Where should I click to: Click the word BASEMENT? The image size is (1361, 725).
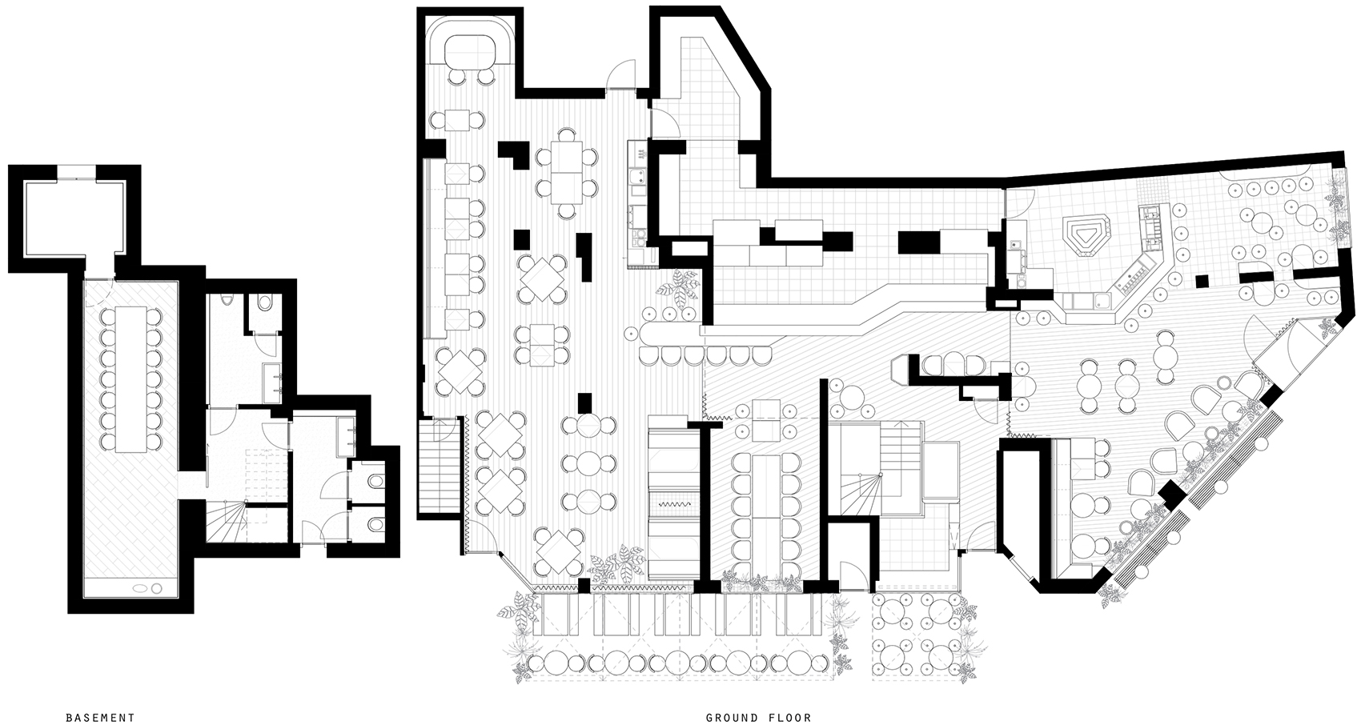pyautogui.click(x=100, y=718)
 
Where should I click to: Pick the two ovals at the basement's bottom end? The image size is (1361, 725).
pyautogui.click(x=148, y=588)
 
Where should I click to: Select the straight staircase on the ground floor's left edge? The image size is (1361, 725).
pyautogui.click(x=437, y=467)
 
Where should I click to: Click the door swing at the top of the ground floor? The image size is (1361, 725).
pyautogui.click(x=621, y=74)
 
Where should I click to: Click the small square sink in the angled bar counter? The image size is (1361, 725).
pyautogui.click(x=1100, y=298)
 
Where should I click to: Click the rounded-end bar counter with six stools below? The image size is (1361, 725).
pyautogui.click(x=672, y=331)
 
